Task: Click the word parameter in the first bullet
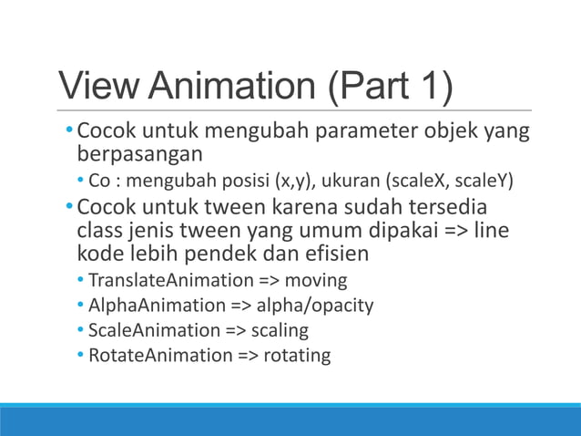(362, 133)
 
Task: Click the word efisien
(325, 253)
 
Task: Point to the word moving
(317, 280)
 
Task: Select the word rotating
(296, 354)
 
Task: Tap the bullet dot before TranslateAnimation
(81, 280)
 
